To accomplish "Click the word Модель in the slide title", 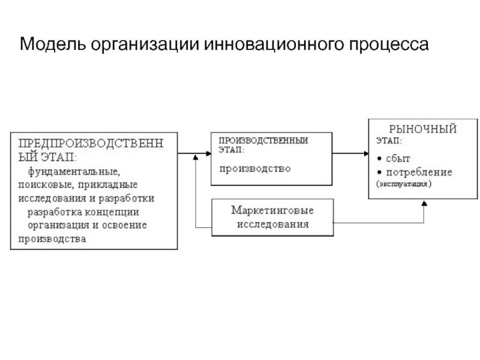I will (x=52, y=45).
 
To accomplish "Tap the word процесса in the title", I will (x=391, y=45).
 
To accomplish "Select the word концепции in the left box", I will (x=113, y=212).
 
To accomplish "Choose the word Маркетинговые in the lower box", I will (x=273, y=211).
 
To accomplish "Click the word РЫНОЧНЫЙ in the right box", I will (x=424, y=129).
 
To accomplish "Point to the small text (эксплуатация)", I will (x=404, y=184).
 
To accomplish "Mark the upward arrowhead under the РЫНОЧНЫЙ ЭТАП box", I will (x=424, y=204).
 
